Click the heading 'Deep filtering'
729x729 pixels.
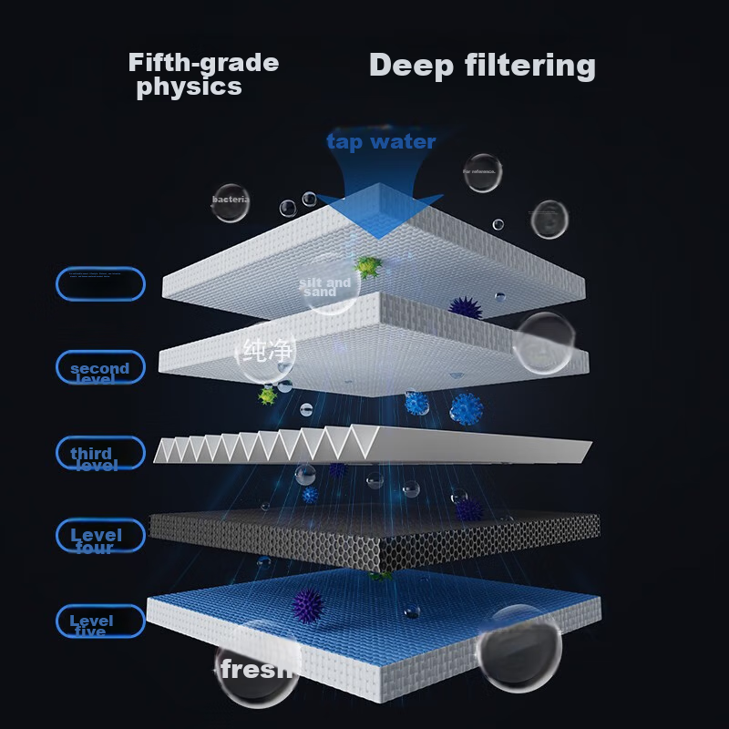click(482, 66)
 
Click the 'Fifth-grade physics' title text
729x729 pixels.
click(202, 75)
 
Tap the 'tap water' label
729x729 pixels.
click(381, 141)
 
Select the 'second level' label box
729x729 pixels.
click(100, 367)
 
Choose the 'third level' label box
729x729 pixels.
click(100, 454)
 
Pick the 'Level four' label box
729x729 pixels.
click(100, 536)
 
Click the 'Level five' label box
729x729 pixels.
click(100, 621)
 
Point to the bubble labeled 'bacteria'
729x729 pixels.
click(230, 202)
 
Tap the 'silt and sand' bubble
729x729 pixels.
click(327, 286)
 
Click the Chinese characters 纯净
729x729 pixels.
click(269, 350)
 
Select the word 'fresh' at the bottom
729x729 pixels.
click(256, 670)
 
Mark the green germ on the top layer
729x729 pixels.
click(368, 266)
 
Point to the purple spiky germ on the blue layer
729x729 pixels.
click(309, 603)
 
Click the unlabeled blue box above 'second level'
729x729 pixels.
click(100, 284)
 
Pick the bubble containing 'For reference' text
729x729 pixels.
click(481, 172)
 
